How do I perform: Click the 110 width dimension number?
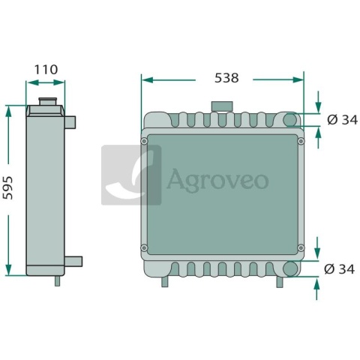coord(46,70)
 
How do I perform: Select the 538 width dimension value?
coord(226,78)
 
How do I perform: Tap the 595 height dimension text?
coord(7,187)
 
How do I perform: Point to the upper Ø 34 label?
coord(342,120)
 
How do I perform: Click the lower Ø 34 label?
coord(339,269)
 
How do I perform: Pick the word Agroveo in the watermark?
coord(217,180)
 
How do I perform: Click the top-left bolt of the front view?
coord(144,141)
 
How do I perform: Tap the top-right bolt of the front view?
coord(301,141)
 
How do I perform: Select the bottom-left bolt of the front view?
coord(144,248)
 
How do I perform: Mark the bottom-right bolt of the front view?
coord(301,248)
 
